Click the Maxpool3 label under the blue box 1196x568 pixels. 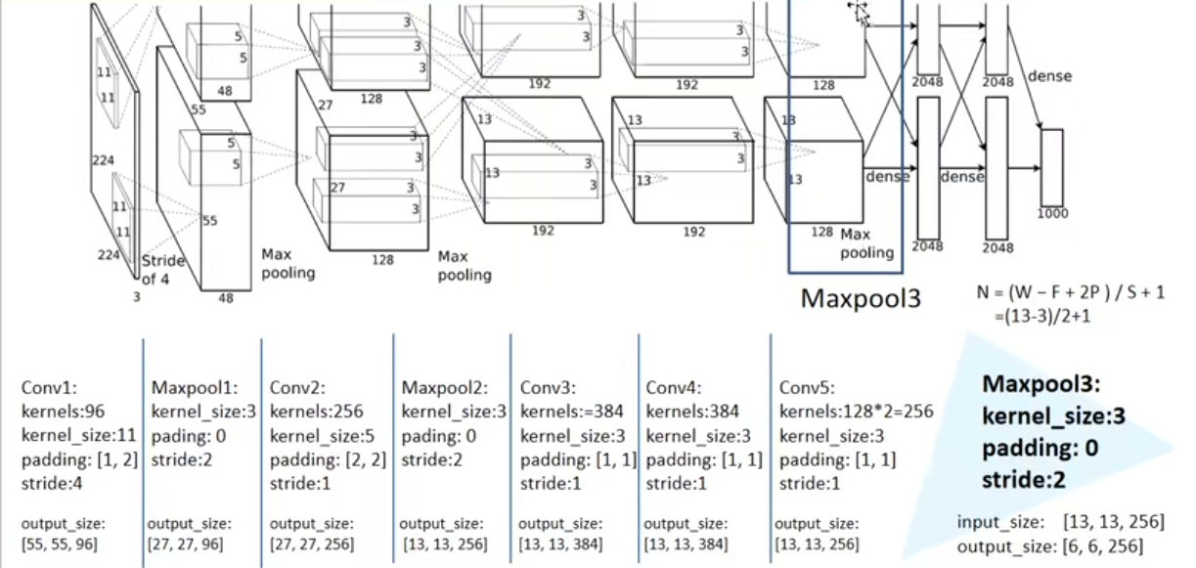point(861,297)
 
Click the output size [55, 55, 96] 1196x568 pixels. point(59,544)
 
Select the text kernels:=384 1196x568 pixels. point(571,412)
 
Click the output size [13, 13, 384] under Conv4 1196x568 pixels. point(687,544)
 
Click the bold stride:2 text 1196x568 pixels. point(1024,480)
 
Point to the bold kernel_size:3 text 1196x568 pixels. point(1054,416)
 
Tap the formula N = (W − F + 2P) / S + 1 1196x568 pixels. point(1070,292)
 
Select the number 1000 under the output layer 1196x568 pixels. point(1052,213)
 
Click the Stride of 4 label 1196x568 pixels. point(162,270)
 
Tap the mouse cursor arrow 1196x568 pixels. point(860,13)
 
